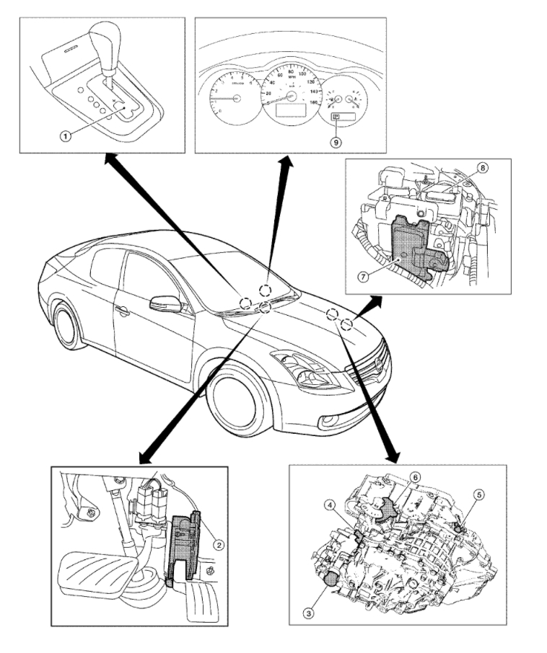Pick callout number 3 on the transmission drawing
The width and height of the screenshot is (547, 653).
(308, 613)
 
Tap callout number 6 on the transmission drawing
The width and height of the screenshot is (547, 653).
(415, 477)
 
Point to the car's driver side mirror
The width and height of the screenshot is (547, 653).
(165, 303)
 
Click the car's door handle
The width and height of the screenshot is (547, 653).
(122, 311)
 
